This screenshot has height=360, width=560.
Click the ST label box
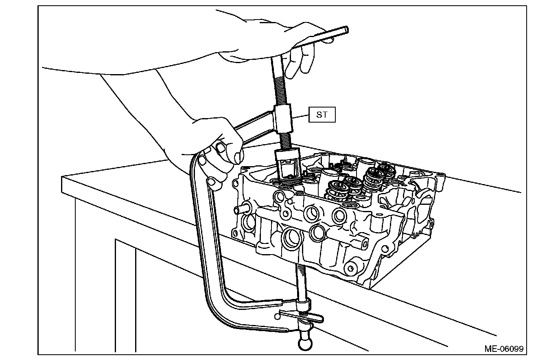[x=322, y=115]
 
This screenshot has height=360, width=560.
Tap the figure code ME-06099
[x=503, y=349]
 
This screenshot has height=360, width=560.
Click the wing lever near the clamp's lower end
[x=301, y=317]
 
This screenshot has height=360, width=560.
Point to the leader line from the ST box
[x=301, y=117]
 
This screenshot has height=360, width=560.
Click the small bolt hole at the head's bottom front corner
[x=349, y=268]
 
